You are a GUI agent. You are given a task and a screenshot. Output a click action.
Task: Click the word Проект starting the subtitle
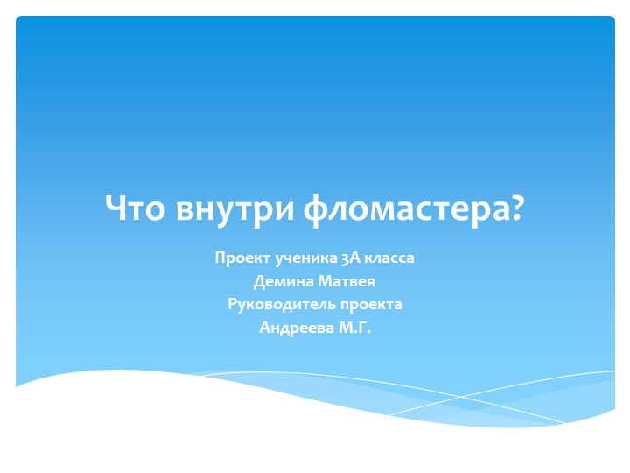pos(241,258)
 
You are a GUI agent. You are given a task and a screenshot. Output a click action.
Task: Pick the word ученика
pos(302,258)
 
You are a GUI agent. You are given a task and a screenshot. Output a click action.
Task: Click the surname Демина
pos(278,282)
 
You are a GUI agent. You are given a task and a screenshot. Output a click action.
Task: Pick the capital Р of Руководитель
pos(232,305)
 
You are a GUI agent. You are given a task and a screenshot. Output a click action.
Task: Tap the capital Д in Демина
pos(258,282)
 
